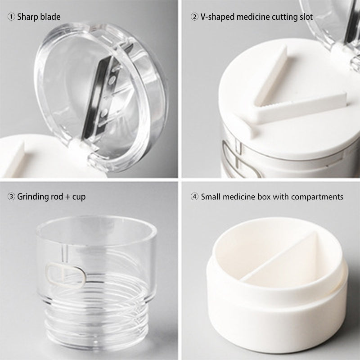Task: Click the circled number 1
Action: [x=11, y=17]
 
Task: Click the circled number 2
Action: [x=194, y=17]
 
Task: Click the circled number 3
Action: [x=11, y=197]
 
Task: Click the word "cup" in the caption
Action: [x=79, y=198]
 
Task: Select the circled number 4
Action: [x=194, y=197]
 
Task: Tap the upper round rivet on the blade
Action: [x=112, y=80]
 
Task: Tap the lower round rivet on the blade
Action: [x=104, y=112]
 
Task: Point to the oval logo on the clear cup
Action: [x=65, y=275]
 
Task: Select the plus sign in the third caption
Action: [x=67, y=197]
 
